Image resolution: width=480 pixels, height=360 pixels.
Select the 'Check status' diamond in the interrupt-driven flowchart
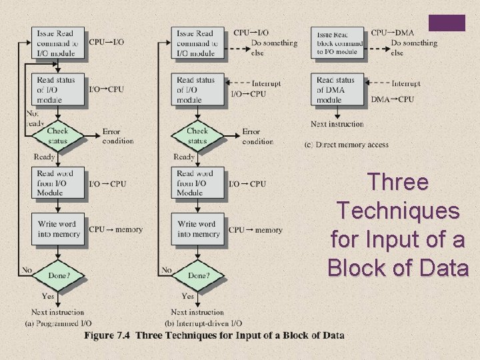coord(197,136)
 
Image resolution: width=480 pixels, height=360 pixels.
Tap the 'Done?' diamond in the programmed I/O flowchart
coord(58,275)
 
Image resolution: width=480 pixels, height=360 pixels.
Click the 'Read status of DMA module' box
coord(338,90)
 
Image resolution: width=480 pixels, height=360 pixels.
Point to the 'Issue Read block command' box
coord(338,43)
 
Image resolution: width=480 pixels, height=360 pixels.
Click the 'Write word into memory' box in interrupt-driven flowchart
coord(198,229)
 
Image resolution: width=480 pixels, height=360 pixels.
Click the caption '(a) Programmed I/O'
coord(59,323)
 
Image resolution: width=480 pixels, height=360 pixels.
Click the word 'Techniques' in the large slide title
coord(398,211)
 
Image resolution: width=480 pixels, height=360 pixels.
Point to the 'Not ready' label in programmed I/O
coord(35,118)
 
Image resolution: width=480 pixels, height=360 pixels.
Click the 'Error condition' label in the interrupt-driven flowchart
coord(257,136)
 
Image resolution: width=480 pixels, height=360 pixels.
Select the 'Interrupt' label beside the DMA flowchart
coord(405,83)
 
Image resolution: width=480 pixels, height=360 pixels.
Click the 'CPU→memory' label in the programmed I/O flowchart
coord(115,229)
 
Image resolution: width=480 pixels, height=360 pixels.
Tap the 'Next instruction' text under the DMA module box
coord(337,124)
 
